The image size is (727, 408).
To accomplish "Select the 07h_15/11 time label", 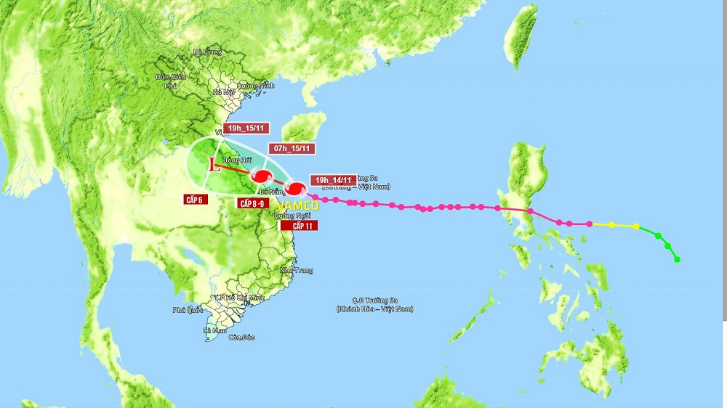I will (x=292, y=148).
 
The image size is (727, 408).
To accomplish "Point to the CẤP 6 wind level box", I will (x=194, y=198).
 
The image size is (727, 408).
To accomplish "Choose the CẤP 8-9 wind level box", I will (x=255, y=203).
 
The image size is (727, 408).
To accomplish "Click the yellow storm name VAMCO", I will (x=296, y=205).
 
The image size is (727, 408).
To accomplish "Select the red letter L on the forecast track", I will (x=213, y=165).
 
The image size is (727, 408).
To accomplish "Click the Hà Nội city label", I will (x=222, y=93).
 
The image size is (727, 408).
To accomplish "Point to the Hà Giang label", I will (x=206, y=52).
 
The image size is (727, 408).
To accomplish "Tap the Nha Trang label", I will (x=296, y=270).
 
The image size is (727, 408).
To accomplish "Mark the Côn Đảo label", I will (x=241, y=337).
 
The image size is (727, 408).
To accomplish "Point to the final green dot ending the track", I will (x=677, y=259).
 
